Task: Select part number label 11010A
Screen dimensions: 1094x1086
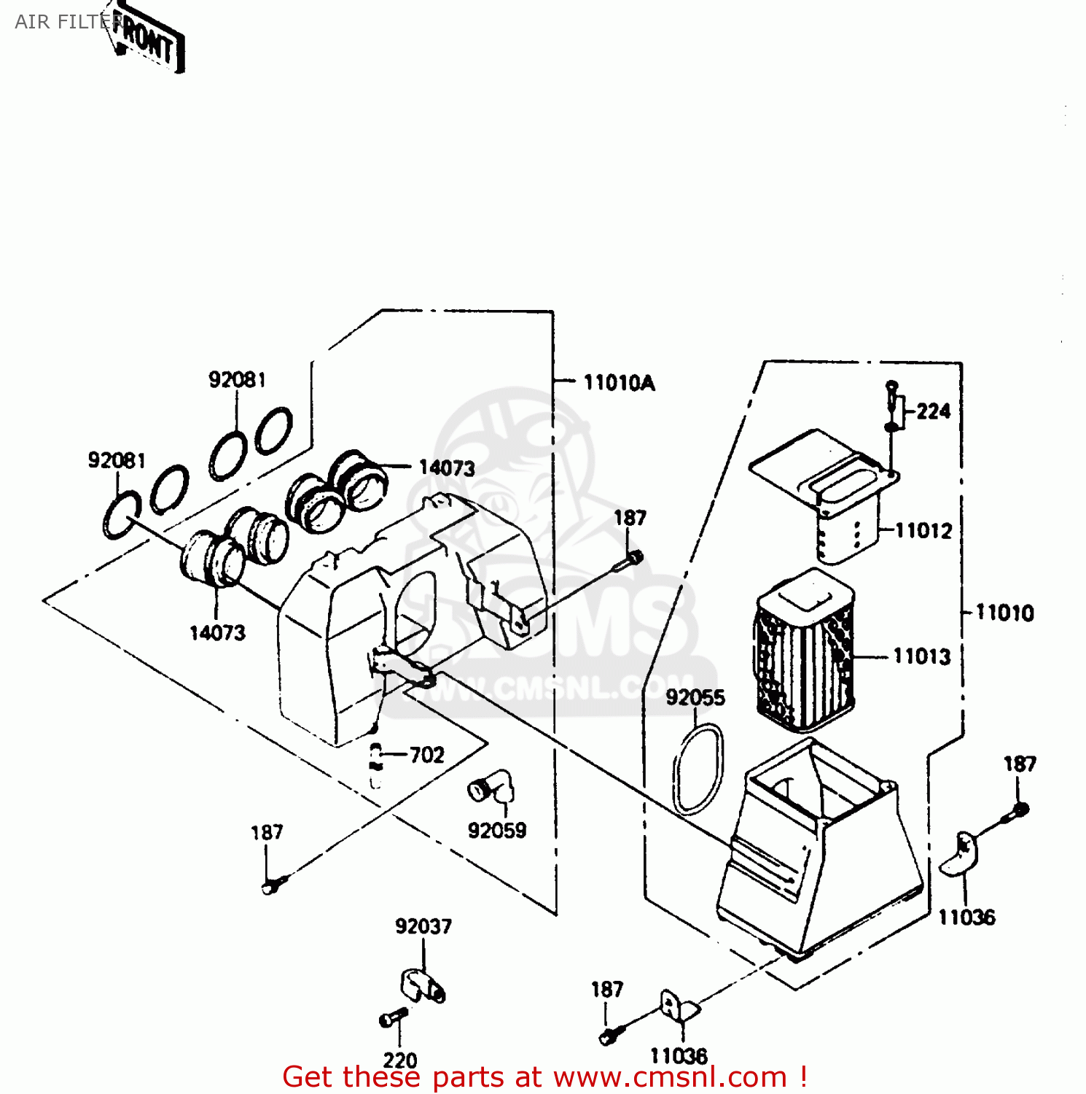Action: coord(619,383)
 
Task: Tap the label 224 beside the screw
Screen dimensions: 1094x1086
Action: coord(933,411)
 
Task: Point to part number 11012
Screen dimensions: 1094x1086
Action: coord(923,530)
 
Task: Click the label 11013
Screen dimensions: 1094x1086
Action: coord(922,656)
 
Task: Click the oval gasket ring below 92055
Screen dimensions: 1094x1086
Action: coord(698,769)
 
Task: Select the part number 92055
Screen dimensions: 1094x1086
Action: coord(695,698)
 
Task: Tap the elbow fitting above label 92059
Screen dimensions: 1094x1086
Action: coord(491,786)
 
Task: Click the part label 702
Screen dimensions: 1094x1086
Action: coord(426,755)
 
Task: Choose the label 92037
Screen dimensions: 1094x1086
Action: coord(423,926)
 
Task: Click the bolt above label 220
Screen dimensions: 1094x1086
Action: coord(394,1017)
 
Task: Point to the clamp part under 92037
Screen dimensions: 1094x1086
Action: coord(422,985)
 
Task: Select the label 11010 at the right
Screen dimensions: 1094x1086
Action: coord(1004,613)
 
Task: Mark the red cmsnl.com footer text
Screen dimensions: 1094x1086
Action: coord(544,1077)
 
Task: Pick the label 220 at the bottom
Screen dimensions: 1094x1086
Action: coord(400,1060)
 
